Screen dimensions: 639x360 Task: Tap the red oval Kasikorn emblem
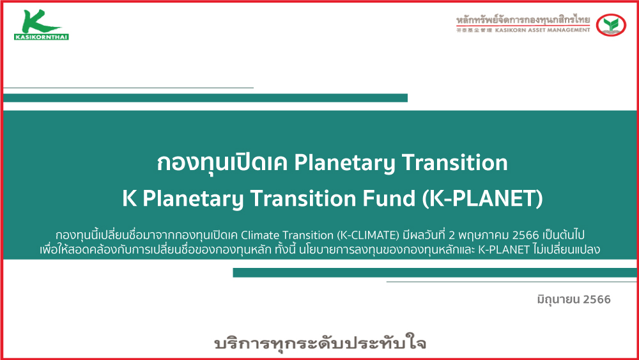(x=611, y=25)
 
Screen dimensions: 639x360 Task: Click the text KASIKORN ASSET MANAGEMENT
(x=543, y=30)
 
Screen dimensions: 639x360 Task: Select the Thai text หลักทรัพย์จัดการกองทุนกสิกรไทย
(x=523, y=19)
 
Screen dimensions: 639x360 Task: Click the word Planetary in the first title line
(x=345, y=162)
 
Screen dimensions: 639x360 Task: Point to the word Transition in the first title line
(x=455, y=162)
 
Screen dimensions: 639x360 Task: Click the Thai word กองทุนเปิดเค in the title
(x=222, y=162)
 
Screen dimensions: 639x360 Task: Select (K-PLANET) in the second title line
(x=482, y=199)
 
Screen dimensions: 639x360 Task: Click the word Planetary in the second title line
(x=193, y=199)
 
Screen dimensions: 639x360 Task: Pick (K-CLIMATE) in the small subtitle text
(x=368, y=235)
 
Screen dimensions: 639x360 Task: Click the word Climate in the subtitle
(x=260, y=235)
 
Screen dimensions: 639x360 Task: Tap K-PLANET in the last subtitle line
(x=504, y=249)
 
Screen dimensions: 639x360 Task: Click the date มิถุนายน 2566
(x=574, y=299)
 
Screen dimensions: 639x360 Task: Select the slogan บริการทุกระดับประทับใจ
(x=320, y=343)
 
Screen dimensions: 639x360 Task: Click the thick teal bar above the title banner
(x=205, y=98)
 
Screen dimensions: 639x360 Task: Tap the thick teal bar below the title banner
(x=435, y=272)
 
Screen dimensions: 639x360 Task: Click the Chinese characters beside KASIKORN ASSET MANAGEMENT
(x=474, y=30)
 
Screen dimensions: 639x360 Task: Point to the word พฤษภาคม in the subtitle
(x=483, y=236)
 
